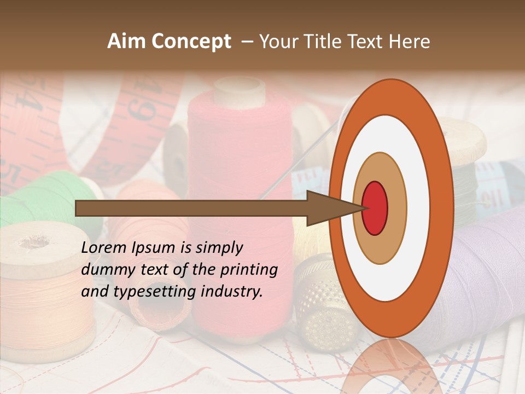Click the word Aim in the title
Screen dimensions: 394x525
click(x=125, y=42)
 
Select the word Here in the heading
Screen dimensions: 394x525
click(x=409, y=42)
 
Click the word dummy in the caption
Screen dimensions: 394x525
click(x=104, y=270)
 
